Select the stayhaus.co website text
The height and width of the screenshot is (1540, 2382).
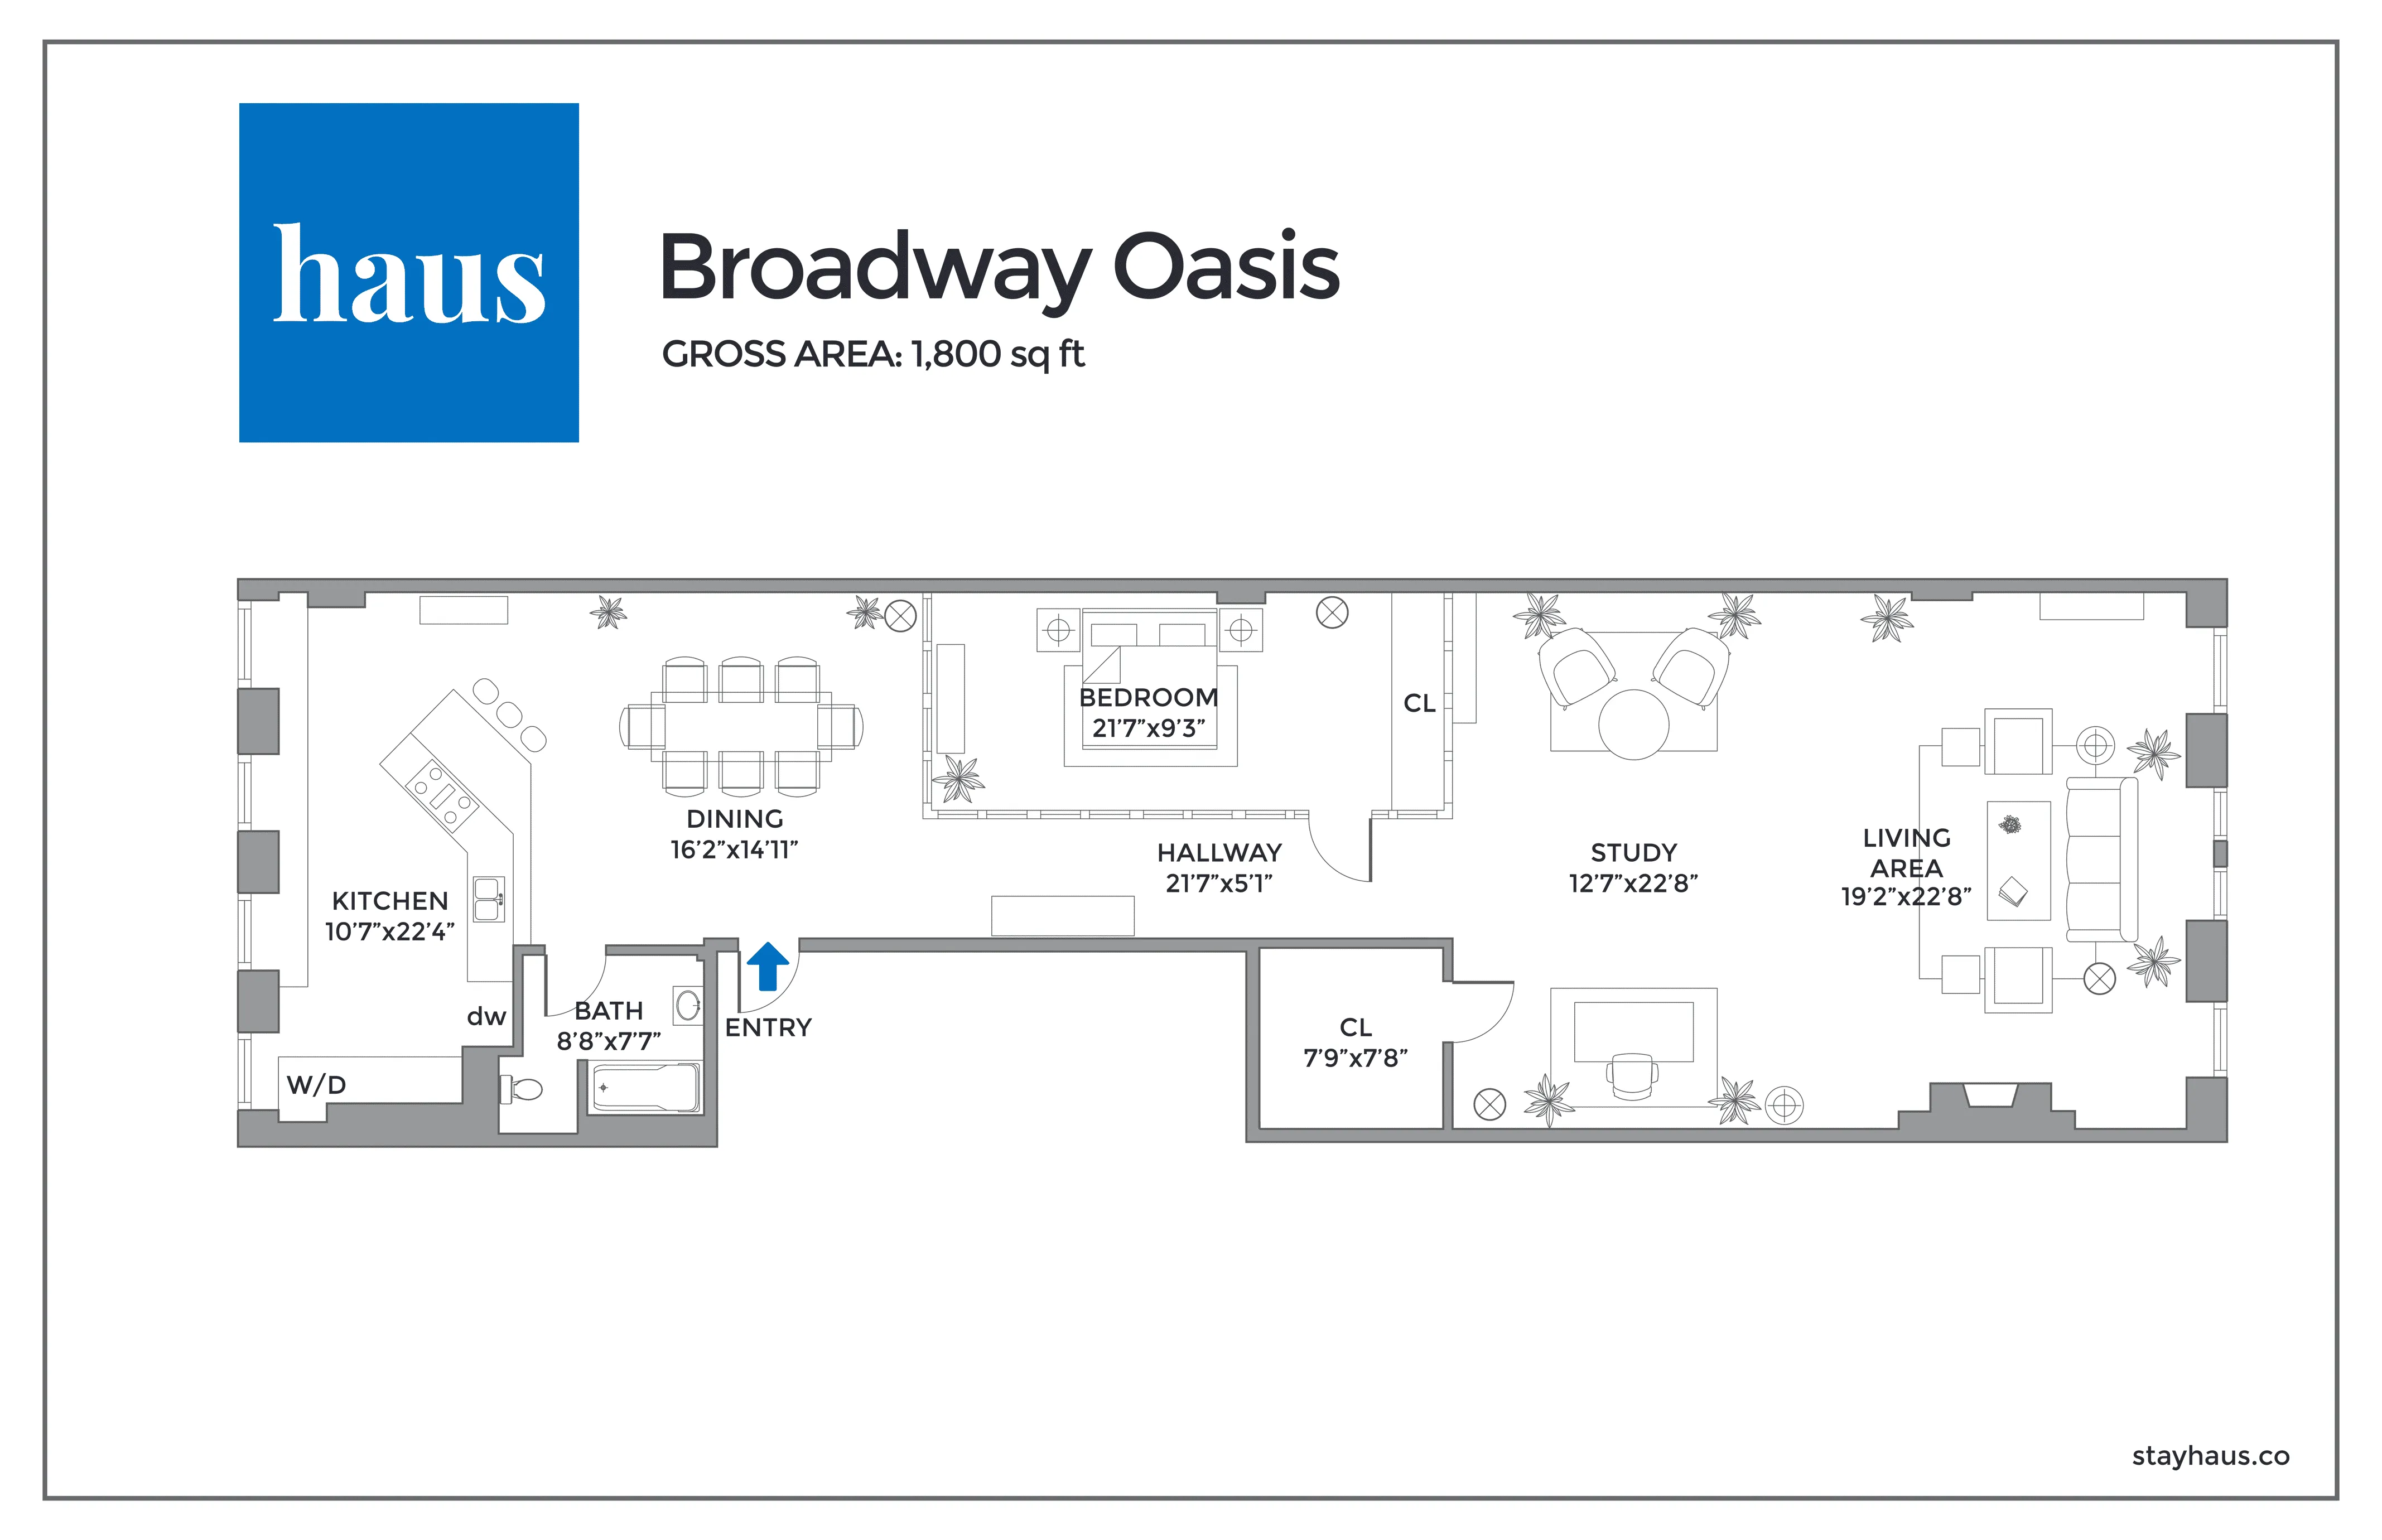coord(2210,1456)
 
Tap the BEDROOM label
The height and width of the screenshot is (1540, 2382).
coord(1148,697)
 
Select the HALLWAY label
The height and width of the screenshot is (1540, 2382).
coord(1219,853)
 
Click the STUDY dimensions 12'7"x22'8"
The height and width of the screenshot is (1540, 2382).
coord(1633,883)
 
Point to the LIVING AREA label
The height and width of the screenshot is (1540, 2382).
coord(1906,853)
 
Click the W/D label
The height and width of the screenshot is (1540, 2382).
coord(316,1085)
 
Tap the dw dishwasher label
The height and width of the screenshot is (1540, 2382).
coord(486,1017)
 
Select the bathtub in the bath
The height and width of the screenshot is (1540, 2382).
coord(645,1088)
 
